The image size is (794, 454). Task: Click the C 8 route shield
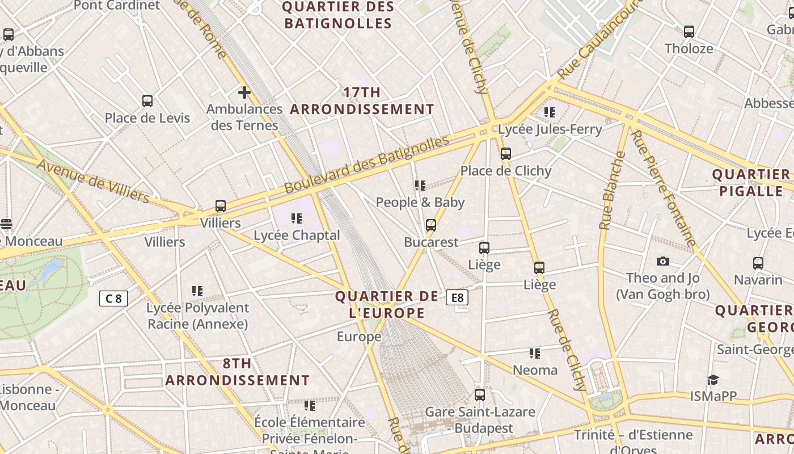point(113,299)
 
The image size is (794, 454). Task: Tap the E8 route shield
point(457,297)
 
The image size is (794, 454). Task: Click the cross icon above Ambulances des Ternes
point(244,92)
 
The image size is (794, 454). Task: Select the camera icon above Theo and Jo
point(662,261)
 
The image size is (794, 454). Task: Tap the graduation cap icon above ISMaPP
point(713,380)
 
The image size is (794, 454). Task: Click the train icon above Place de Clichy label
point(506,154)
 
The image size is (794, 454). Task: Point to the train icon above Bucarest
point(431,225)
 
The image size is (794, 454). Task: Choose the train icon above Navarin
point(758,263)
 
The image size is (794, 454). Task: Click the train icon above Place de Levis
point(147,101)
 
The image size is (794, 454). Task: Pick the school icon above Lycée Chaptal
point(296,218)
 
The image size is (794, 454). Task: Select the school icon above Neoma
point(535,354)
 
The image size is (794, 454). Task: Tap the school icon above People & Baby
point(420,186)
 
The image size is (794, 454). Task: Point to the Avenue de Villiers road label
point(94,180)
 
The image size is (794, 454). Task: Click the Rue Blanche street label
point(611,190)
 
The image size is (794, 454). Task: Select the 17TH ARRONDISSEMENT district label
point(362,100)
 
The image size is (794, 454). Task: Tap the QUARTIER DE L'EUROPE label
point(387,305)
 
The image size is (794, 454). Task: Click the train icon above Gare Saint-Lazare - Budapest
point(480,395)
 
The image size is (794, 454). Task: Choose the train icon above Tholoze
point(689,32)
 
